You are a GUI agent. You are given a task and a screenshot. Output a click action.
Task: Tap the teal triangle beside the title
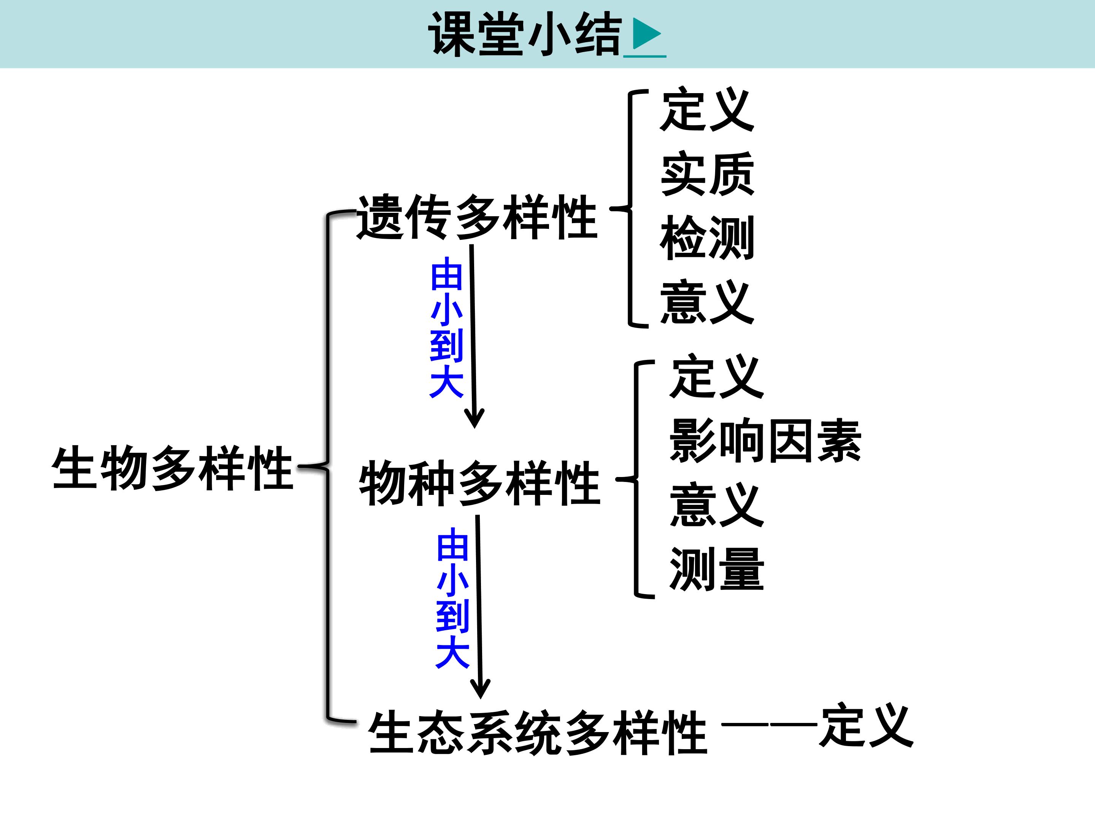[x=646, y=34]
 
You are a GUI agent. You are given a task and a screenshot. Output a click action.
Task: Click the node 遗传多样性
[x=477, y=217]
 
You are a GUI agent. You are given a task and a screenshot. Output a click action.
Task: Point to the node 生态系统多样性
[x=538, y=732]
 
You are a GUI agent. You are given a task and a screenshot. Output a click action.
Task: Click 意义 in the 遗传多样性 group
[x=707, y=301]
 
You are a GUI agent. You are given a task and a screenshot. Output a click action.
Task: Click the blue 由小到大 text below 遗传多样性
[x=446, y=328]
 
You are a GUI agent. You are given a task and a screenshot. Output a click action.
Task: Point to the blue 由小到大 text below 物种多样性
[x=452, y=598]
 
